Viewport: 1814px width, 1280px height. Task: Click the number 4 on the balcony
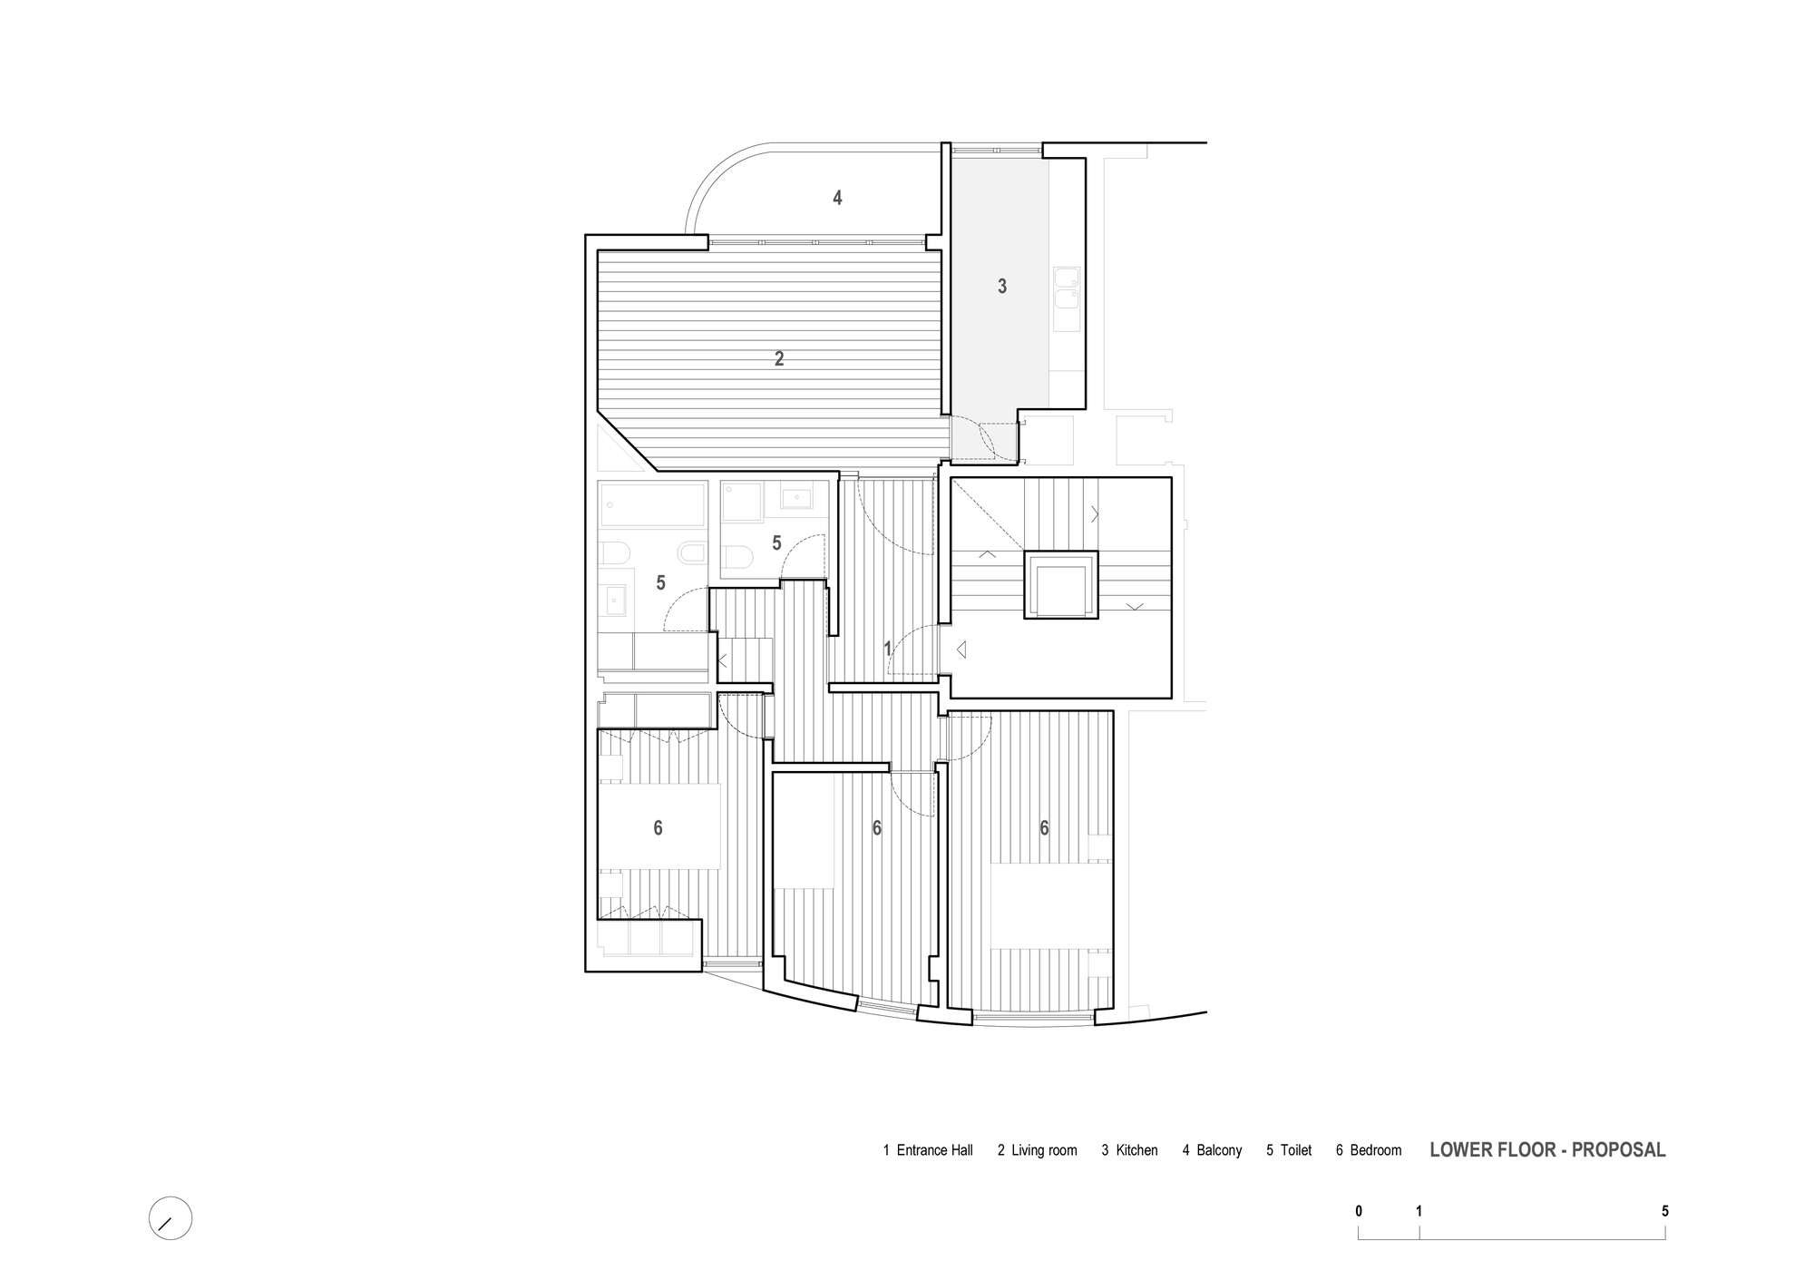pos(837,198)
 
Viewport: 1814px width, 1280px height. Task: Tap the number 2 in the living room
pos(779,359)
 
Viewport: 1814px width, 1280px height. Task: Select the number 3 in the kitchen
pos(1002,287)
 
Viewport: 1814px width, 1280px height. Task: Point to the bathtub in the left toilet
pos(652,506)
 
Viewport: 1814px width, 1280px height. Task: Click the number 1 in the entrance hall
pos(888,650)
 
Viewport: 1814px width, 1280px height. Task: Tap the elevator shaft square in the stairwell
pos(1061,585)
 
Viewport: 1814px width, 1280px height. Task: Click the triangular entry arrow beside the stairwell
pos(961,650)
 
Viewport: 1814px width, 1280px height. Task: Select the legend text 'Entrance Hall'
pos(935,1150)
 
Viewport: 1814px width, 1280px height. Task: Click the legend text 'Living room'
pos(1045,1150)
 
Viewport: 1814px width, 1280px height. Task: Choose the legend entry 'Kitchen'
pos(1137,1150)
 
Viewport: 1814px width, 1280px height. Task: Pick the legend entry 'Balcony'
pos(1219,1150)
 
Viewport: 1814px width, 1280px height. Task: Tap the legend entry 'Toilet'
pos(1296,1150)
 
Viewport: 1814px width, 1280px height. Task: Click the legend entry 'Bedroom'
pos(1376,1150)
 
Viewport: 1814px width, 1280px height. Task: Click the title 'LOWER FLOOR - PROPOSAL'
pos(1547,1149)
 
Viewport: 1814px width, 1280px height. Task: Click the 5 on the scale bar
pos(1665,1211)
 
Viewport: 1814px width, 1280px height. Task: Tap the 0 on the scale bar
pos(1359,1211)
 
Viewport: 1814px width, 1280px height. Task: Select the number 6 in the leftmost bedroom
pos(658,828)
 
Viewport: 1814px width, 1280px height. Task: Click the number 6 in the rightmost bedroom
pos(1044,828)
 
